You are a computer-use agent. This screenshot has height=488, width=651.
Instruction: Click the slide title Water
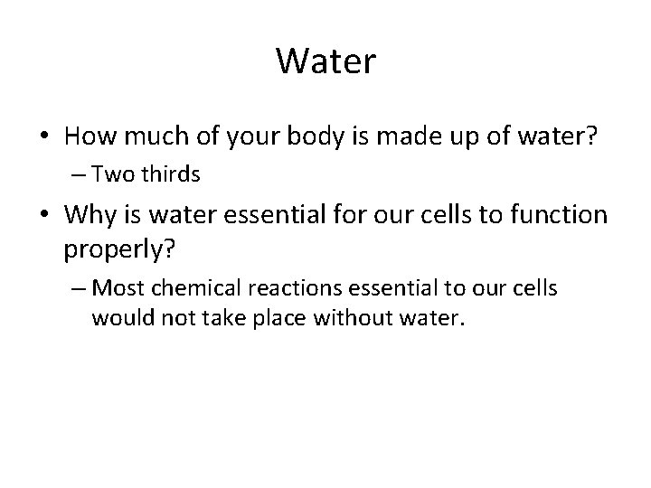tap(325, 62)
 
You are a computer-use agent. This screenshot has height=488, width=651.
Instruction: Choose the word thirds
tap(176, 175)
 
